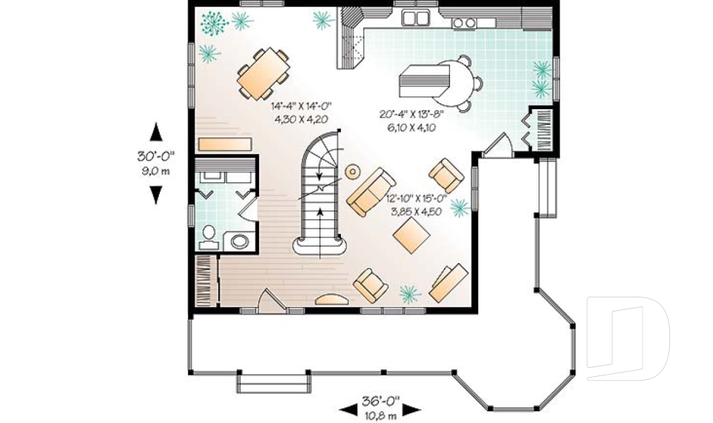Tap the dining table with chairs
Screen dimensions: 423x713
click(264, 74)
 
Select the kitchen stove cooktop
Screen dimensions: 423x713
click(464, 22)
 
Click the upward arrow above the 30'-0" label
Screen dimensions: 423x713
click(156, 132)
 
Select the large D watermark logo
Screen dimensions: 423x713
click(628, 333)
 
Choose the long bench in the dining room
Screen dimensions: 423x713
click(224, 143)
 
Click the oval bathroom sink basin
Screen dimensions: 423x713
click(240, 241)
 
